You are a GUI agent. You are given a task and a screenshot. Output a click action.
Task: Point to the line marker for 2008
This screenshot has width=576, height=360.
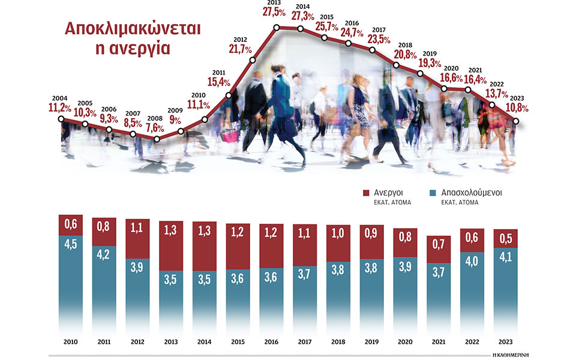click(x=157, y=139)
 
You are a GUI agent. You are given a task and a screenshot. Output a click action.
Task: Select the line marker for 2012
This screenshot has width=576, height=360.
click(x=253, y=60)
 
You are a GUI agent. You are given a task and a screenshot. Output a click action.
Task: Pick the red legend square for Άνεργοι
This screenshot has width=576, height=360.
click(x=367, y=193)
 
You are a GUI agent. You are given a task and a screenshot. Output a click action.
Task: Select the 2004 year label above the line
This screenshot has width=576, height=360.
click(x=60, y=98)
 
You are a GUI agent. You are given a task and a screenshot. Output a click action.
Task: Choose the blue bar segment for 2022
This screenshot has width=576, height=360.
click(x=473, y=291)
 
